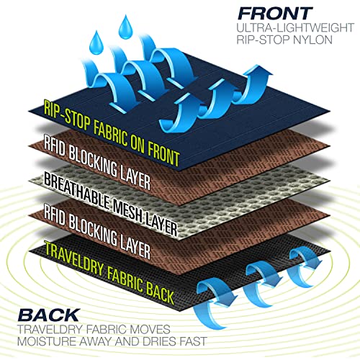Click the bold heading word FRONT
[275, 14]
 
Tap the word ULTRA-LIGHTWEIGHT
[295, 27]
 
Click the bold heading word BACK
[49, 315]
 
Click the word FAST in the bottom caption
[193, 341]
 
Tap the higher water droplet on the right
[125, 27]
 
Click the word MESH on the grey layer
[128, 211]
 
